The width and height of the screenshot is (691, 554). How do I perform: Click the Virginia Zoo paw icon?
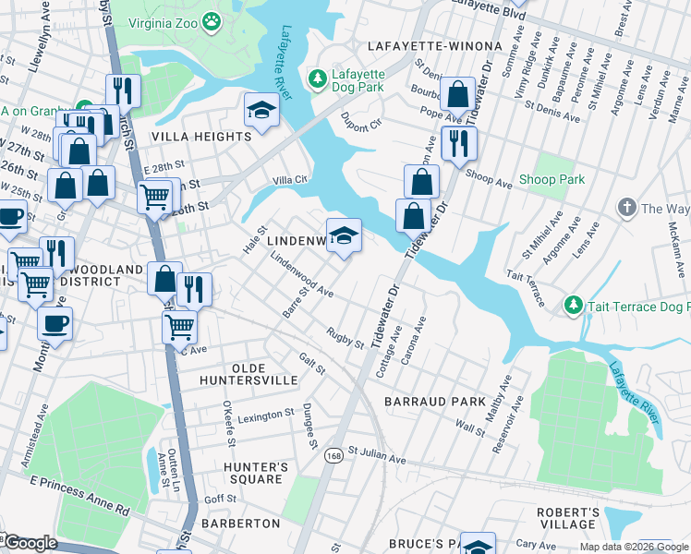tap(212, 18)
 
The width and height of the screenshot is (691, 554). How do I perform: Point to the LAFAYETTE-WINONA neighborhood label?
tap(434, 45)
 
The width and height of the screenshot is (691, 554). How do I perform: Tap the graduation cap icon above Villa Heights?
tap(261, 111)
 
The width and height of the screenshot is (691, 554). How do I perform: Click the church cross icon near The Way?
tap(626, 208)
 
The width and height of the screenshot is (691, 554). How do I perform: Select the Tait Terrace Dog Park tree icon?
tap(573, 305)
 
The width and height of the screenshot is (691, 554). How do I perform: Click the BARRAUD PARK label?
tap(435, 402)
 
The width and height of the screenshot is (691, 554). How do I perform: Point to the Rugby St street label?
tap(345, 338)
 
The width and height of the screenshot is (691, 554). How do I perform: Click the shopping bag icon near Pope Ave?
tap(456, 93)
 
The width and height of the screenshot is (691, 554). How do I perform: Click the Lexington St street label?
tap(265, 416)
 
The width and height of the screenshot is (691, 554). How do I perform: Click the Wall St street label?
tap(470, 428)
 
